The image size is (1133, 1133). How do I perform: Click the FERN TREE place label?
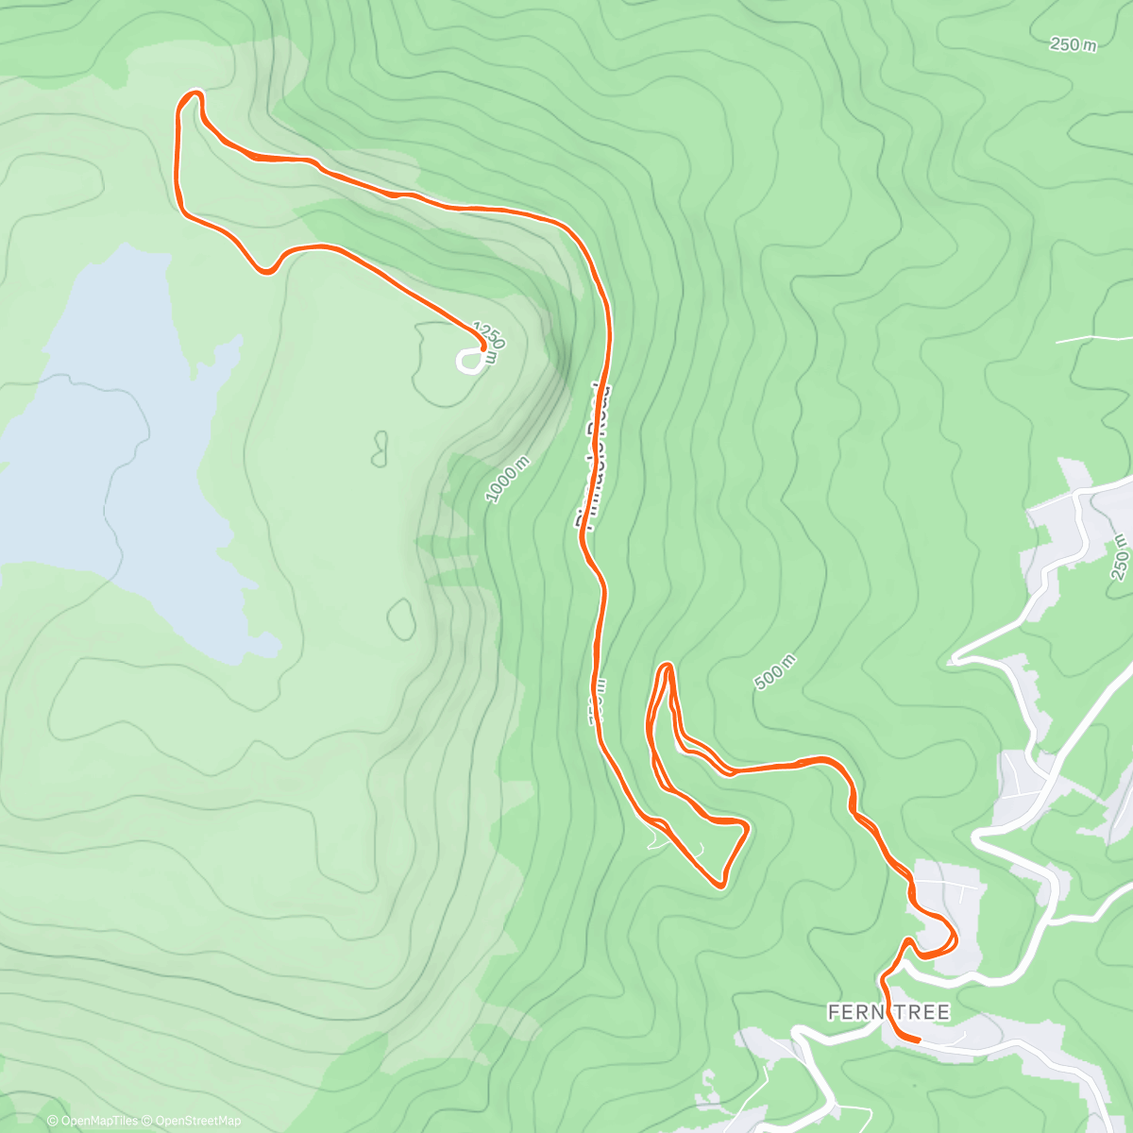point(888,1012)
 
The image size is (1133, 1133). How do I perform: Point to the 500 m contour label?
point(775,671)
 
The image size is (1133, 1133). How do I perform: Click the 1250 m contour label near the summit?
point(490,336)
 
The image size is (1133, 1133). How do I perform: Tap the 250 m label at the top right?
point(1074,44)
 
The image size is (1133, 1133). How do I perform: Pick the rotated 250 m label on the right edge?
point(1121,557)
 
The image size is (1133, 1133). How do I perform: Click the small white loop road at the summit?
point(469,361)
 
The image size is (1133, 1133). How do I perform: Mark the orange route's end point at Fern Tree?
point(918,1040)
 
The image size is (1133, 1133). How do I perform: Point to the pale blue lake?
point(113,453)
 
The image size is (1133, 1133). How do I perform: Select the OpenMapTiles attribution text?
point(99,1122)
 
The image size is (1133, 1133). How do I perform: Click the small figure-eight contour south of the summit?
point(380,448)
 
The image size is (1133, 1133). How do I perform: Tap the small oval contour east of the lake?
point(402,617)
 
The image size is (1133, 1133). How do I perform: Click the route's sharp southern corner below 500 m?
point(721,885)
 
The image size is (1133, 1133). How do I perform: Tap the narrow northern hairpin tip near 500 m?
point(667,668)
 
